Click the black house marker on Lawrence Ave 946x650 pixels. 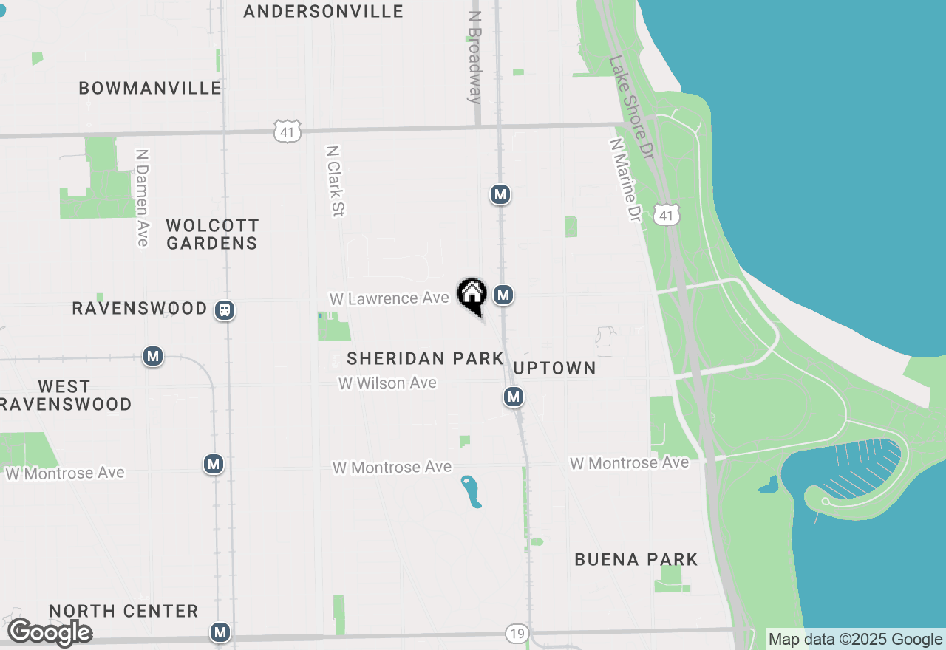click(472, 295)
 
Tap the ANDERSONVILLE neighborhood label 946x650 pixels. click(323, 11)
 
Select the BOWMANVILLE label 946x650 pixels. click(150, 88)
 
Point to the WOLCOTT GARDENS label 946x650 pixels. click(212, 234)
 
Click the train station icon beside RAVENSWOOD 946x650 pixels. click(225, 310)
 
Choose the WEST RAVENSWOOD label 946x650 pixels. click(65, 395)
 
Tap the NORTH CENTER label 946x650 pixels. click(123, 611)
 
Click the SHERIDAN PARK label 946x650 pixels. click(425, 359)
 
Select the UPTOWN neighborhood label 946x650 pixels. click(554, 368)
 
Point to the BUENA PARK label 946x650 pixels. click(636, 559)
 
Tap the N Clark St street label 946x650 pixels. click(336, 181)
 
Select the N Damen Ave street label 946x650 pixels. click(142, 198)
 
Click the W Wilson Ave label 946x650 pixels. click(387, 383)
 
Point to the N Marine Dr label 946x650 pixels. click(625, 180)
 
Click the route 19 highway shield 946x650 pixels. click(517, 633)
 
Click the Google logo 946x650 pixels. click(50, 633)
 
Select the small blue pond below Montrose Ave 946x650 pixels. click(472, 492)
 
